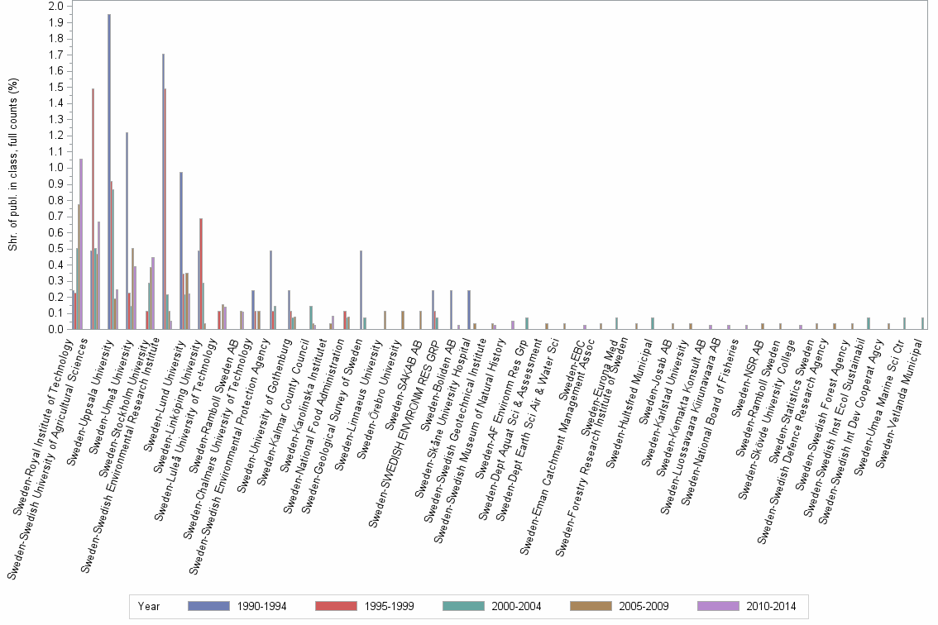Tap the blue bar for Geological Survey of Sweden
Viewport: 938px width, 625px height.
pyautogui.click(x=361, y=289)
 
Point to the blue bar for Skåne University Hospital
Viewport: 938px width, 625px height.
pyautogui.click(x=469, y=309)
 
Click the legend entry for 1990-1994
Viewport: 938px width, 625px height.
pyautogui.click(x=236, y=606)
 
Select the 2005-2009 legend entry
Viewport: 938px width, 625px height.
pyautogui.click(x=619, y=606)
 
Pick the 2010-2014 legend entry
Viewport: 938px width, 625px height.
pyautogui.click(x=746, y=606)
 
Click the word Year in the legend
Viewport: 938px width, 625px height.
pyautogui.click(x=149, y=606)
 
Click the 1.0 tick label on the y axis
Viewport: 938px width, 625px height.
pyautogui.click(x=56, y=168)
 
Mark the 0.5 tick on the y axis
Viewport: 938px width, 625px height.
pyautogui.click(x=56, y=249)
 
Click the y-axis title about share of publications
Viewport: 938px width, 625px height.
pyautogui.click(x=14, y=165)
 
